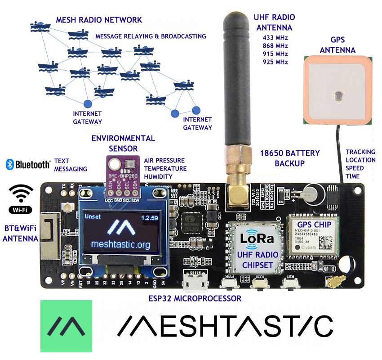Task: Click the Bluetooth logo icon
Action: coord(10,164)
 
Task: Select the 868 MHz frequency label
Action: coord(275,45)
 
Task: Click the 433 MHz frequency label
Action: coord(275,37)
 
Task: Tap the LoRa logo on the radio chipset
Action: coord(257,239)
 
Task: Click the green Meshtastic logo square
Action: coord(66,326)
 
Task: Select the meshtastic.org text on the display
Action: coord(120,244)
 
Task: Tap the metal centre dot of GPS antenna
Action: coord(337,94)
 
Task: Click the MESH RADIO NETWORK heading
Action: coord(99,20)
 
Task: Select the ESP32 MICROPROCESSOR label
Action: coord(195,298)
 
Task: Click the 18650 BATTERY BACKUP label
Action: coord(290,157)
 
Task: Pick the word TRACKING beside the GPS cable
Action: coord(360,152)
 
